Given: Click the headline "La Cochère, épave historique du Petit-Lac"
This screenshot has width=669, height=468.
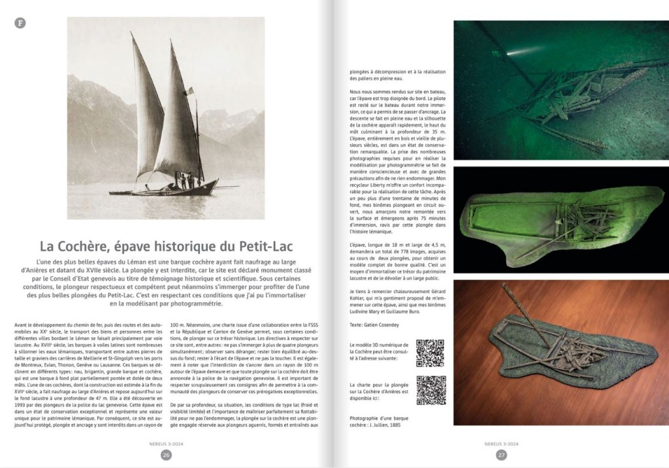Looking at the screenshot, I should point(166,247).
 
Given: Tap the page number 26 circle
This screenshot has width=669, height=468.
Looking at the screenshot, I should point(166,455).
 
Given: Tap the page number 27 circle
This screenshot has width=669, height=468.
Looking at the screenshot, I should point(501,455).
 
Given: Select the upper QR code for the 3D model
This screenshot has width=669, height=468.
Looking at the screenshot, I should point(431,353).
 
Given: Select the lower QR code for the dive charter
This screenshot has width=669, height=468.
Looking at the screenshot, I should point(431,390).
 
